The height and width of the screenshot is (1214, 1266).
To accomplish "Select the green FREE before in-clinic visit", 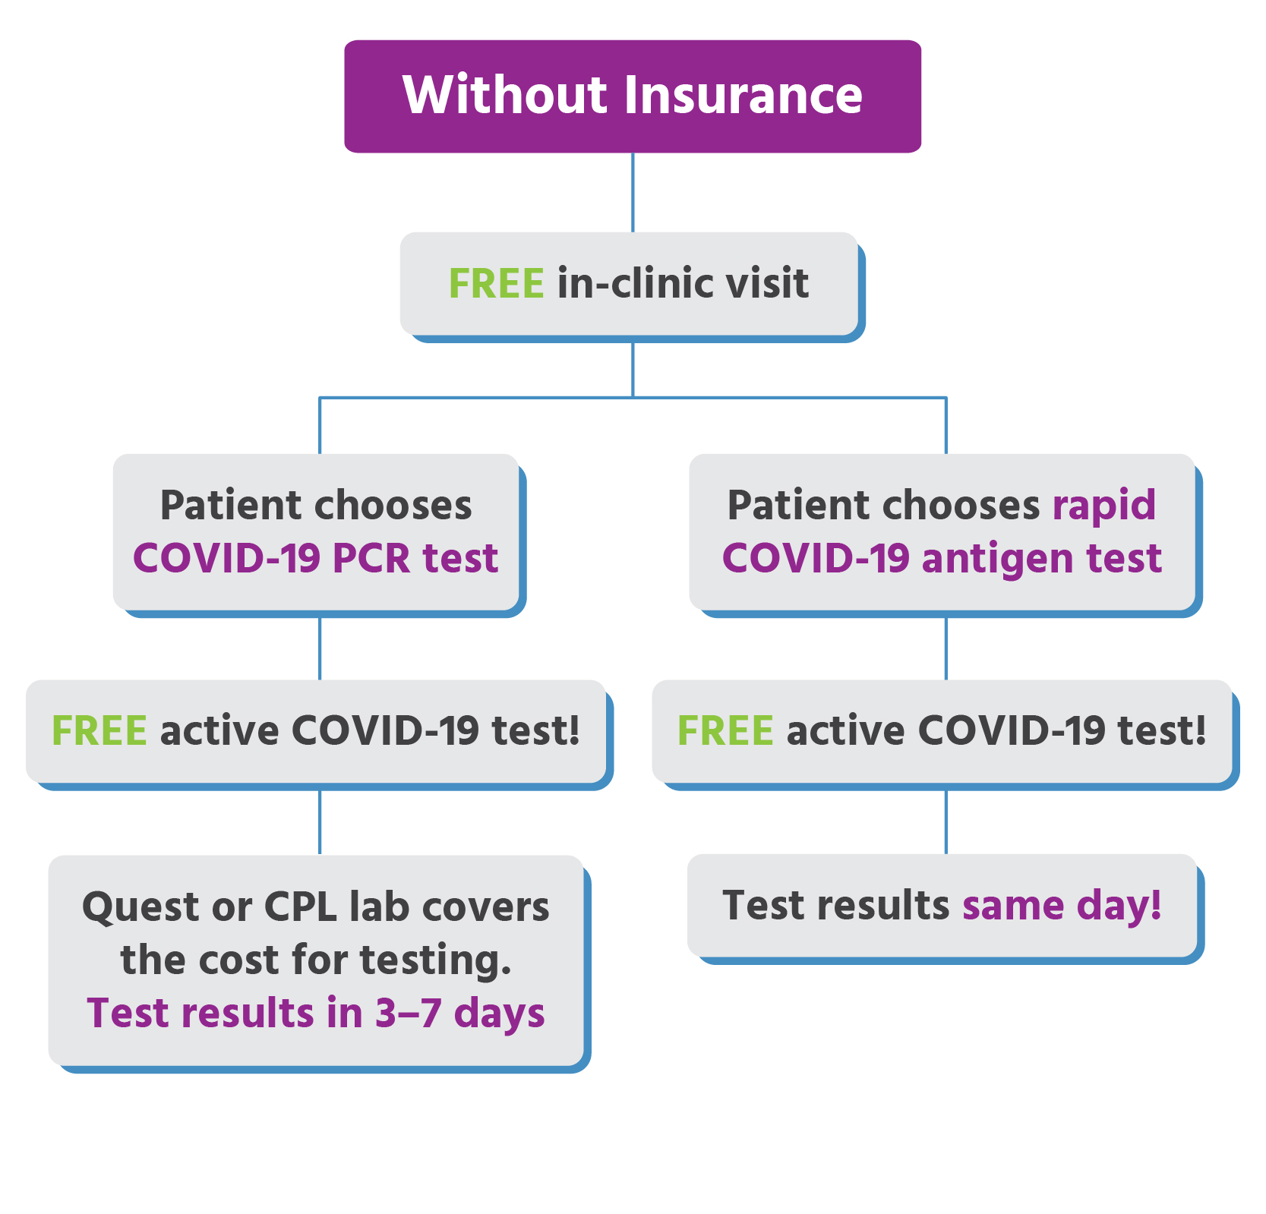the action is [496, 283].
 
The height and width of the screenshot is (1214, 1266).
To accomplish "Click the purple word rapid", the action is [1104, 506].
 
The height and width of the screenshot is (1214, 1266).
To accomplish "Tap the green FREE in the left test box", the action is [99, 730].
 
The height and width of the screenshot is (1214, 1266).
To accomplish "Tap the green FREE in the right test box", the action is [725, 730].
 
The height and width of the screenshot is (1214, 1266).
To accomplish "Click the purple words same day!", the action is [1062, 907].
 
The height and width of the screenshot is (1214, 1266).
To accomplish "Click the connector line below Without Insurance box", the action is [633, 193].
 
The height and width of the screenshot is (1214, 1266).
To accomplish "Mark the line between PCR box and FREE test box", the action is [320, 649].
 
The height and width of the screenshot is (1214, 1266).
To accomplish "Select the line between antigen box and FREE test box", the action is [946, 649].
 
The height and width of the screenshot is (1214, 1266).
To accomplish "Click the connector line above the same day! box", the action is [946, 823].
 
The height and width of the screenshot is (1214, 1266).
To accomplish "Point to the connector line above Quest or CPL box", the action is [320, 823].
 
